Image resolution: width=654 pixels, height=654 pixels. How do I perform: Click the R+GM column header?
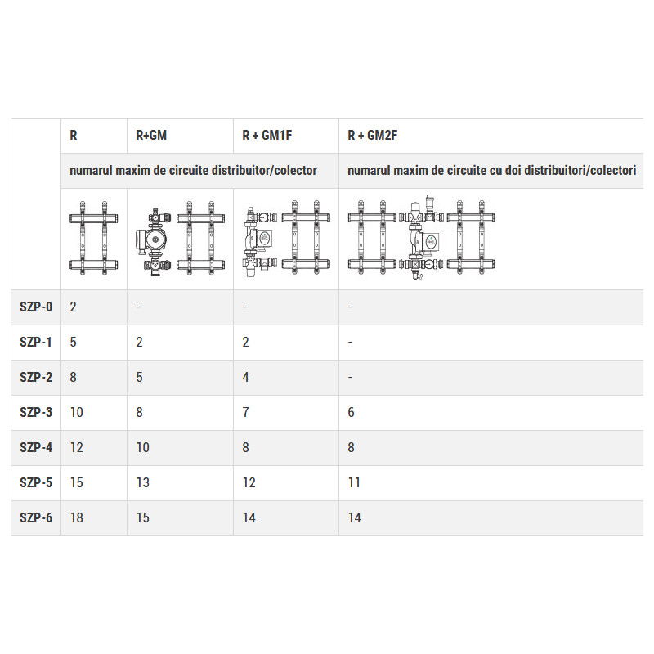[151, 136]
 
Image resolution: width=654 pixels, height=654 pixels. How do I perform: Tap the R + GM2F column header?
[372, 136]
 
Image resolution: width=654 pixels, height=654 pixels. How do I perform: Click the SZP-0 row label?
[35, 307]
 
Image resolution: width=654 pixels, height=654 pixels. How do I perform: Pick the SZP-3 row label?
[35, 412]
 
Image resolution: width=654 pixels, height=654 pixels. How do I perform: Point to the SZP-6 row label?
[35, 517]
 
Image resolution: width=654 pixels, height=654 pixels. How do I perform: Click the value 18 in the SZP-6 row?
[77, 517]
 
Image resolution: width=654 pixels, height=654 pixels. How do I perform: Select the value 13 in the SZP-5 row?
[142, 482]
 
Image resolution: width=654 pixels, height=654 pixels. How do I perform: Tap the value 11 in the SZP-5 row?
[354, 482]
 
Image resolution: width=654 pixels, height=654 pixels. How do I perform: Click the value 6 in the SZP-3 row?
[352, 412]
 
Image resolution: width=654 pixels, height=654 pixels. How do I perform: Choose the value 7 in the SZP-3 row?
[246, 412]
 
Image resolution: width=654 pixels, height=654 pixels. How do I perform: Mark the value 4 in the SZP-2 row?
[246, 377]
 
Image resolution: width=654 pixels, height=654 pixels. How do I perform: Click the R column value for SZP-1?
[74, 342]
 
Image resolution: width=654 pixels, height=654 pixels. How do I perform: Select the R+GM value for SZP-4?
[142, 447]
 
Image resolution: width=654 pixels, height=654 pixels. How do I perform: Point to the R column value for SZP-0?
[74, 307]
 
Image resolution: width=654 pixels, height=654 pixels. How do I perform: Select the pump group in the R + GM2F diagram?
[421, 239]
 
